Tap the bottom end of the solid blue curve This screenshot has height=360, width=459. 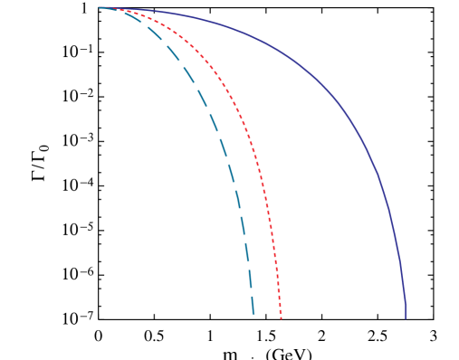[405, 317]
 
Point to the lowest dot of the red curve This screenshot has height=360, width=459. [281, 317]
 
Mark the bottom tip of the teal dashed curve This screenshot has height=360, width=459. [253, 314]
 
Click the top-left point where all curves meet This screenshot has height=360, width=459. [100, 8]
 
